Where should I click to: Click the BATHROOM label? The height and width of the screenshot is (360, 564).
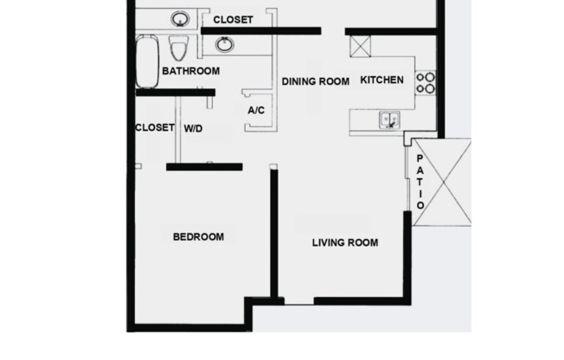tap(190, 71)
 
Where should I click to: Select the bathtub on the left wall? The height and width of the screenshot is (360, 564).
tap(146, 61)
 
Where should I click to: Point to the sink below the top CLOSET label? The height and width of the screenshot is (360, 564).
tap(224, 43)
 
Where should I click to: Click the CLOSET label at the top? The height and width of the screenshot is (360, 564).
tap(232, 19)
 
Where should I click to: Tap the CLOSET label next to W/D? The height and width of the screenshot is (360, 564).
tap(155, 127)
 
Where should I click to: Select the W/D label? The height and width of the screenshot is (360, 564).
tap(193, 128)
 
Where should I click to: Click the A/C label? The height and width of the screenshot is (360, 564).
tap(256, 111)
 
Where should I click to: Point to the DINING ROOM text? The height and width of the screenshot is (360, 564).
tap(316, 81)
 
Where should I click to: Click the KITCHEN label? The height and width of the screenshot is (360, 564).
tap(381, 80)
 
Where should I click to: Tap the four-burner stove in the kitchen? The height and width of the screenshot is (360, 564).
tap(426, 82)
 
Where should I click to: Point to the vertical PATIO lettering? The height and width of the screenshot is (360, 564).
tap(420, 182)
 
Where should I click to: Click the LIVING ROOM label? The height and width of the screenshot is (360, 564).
tap(345, 242)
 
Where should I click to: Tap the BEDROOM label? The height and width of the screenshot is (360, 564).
tap(198, 236)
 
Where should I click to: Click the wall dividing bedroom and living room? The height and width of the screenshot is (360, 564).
tap(273, 234)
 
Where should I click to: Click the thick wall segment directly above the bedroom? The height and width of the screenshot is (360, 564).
tap(204, 166)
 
